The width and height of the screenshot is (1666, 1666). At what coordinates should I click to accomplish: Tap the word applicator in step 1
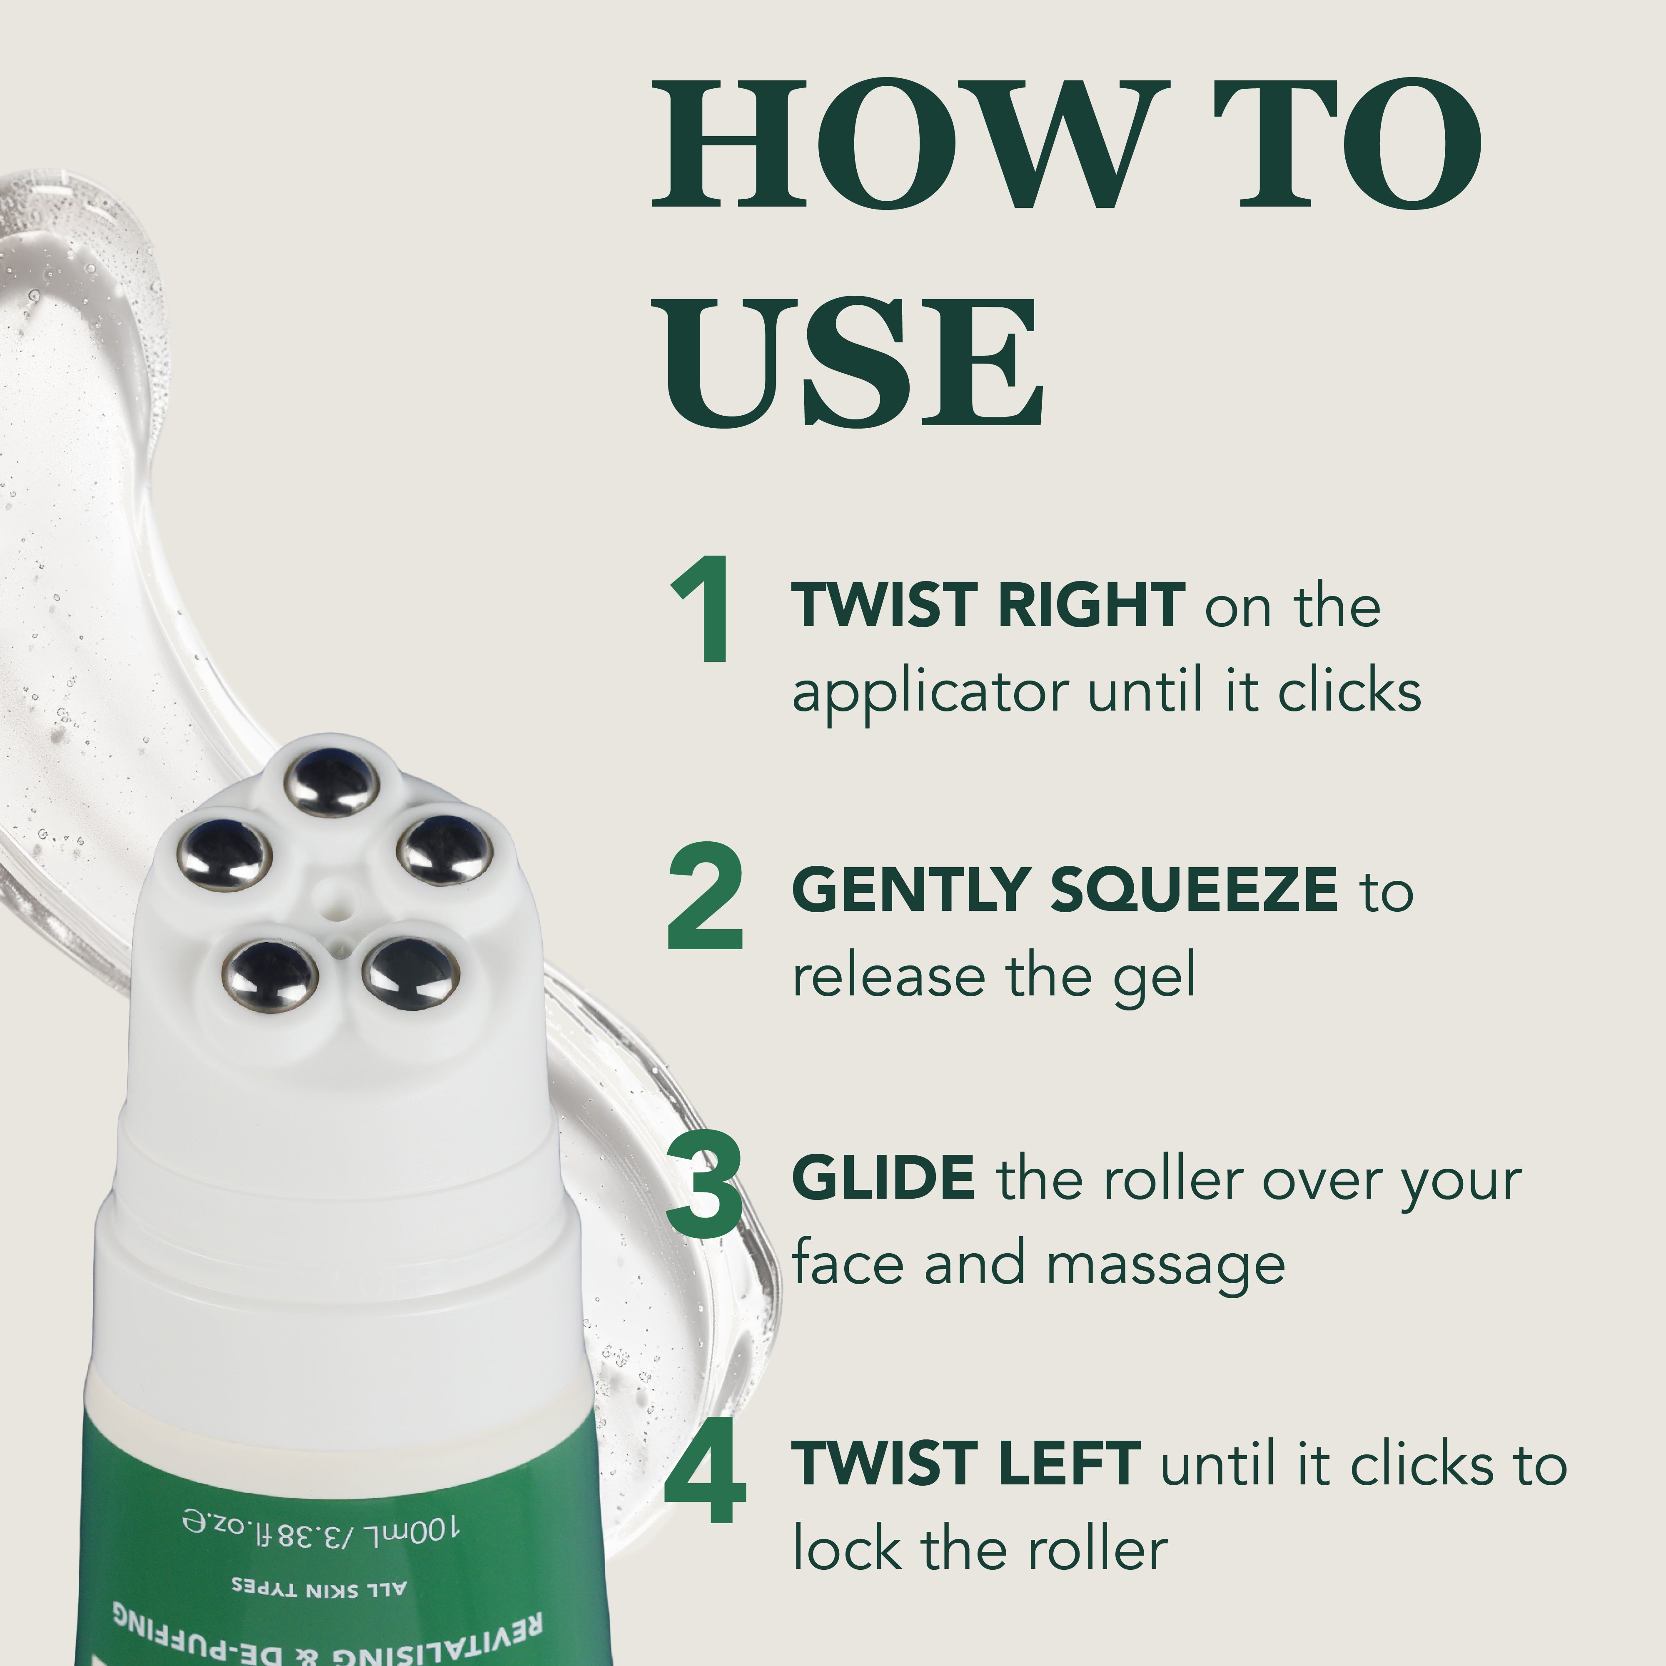click(930, 693)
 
